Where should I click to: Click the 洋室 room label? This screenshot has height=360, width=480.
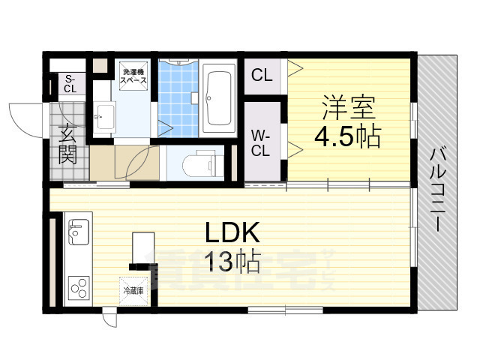[349, 107]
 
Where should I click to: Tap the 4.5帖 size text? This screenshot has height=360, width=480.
[347, 137]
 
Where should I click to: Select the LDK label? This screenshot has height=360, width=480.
[232, 232]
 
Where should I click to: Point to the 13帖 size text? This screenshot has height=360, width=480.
[233, 262]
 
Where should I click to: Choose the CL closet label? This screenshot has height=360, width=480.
[261, 75]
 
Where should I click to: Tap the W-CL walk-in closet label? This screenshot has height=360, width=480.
[260, 142]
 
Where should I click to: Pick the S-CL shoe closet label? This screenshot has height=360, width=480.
[69, 84]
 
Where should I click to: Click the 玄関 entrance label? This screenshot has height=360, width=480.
[67, 145]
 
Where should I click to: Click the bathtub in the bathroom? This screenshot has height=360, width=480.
[220, 97]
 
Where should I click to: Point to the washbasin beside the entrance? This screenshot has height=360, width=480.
[105, 116]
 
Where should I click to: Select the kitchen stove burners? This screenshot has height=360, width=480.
[78, 286]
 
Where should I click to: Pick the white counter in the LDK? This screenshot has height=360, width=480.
[143, 247]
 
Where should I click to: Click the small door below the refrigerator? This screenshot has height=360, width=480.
[112, 316]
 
